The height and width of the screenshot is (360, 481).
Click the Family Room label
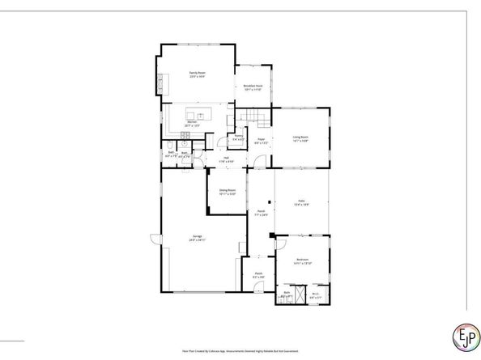(x=194, y=75)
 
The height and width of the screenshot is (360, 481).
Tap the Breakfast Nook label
(x=252, y=87)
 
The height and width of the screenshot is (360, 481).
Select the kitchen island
(x=200, y=114)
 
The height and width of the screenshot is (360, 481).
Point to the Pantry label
(x=239, y=138)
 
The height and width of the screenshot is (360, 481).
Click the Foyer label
(x=262, y=141)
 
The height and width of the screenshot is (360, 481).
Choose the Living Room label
(x=301, y=139)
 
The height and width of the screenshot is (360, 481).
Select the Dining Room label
(x=228, y=193)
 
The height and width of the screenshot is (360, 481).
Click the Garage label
(x=197, y=239)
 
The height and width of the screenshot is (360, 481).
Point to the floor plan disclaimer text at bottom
(x=240, y=350)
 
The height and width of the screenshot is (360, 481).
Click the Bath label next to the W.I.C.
(x=287, y=295)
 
